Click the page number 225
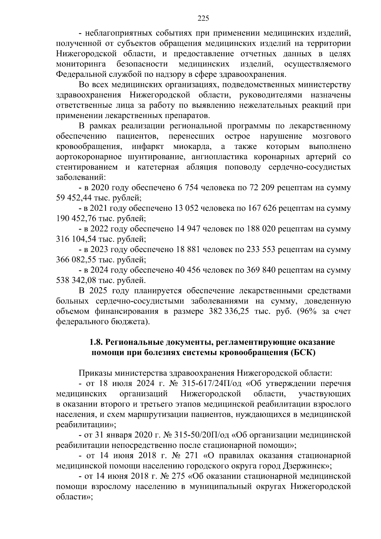(203, 18)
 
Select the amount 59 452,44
(73, 198)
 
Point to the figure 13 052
(188, 209)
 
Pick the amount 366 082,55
(74, 260)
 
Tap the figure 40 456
(188, 270)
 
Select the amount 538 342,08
(74, 280)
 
